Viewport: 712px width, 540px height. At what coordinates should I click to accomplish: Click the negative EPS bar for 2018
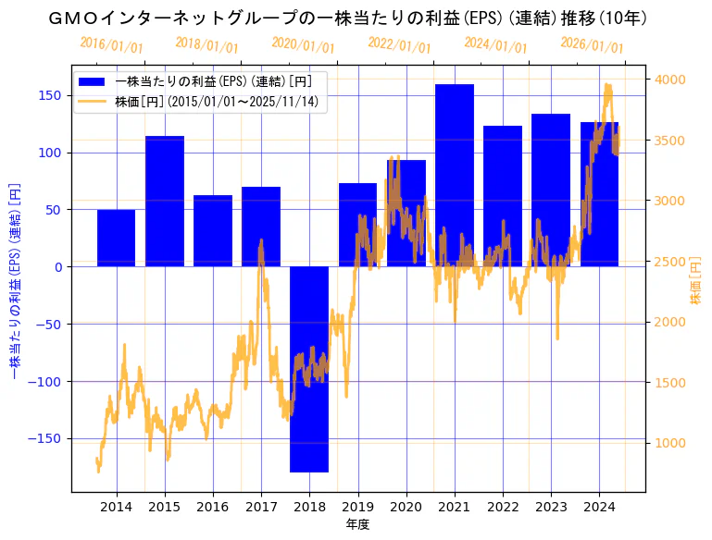point(309,369)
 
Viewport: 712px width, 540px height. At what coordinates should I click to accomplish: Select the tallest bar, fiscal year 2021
point(455,176)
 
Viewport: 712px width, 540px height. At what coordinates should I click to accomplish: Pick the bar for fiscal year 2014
point(117,238)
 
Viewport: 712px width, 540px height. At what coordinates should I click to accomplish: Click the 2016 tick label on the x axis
point(213,507)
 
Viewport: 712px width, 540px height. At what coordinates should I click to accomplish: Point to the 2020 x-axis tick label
point(406,507)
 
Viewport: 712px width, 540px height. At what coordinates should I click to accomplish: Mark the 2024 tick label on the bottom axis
point(599,507)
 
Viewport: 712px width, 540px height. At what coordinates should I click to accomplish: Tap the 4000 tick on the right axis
point(670,80)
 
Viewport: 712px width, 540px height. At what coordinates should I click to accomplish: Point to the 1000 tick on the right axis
point(670,443)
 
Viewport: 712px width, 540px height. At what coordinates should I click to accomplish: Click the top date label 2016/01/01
point(111,45)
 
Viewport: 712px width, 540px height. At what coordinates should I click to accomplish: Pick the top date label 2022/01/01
point(399,45)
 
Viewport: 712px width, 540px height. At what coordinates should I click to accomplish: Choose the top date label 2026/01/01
point(593,45)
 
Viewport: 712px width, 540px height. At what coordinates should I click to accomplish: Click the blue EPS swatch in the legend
point(94,80)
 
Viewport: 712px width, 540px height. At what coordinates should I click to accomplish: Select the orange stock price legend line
point(94,102)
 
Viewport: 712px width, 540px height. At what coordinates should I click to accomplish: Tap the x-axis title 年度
point(357,524)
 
